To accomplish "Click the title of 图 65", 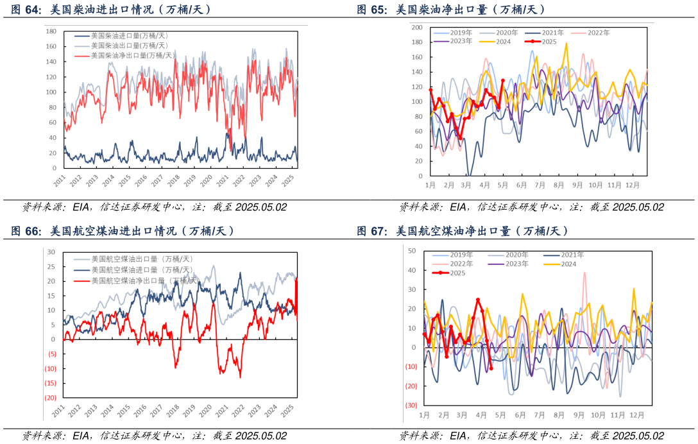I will pyautogui.click(x=452, y=10).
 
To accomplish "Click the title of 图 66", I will pyautogui.click(x=123, y=231).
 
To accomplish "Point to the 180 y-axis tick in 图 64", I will pyautogui.click(x=52, y=31).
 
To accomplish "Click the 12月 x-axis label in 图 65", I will pyautogui.click(x=634, y=185).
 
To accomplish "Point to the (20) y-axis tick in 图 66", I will pyautogui.click(x=50, y=398).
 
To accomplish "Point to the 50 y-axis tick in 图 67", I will pyautogui.click(x=413, y=251).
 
